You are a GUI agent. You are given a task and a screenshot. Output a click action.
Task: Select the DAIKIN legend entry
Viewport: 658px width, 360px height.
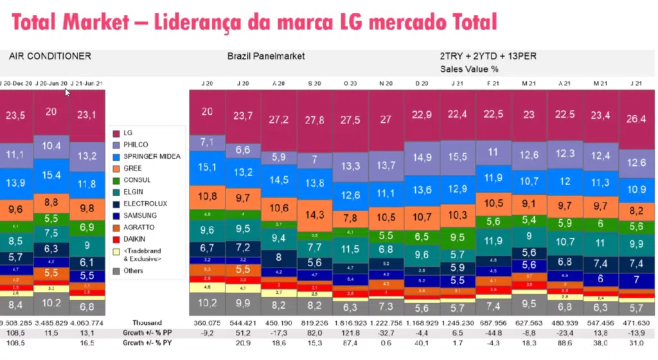coord(136,239)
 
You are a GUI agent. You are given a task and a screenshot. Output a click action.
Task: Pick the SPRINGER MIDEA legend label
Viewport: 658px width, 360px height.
coord(152,156)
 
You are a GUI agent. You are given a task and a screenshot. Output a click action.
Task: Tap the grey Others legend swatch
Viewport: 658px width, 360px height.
coord(116,271)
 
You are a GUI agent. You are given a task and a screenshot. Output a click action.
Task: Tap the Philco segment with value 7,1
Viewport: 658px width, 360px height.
coord(207,142)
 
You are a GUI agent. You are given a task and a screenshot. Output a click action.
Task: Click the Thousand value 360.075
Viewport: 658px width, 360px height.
coord(207,323)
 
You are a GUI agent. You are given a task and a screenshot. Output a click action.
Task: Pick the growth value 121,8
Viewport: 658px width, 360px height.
coord(350,333)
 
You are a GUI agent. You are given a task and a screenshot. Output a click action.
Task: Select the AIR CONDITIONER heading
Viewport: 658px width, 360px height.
coord(50,56)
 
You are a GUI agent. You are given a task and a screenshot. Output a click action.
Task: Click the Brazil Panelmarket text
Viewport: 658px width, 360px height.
coord(266,56)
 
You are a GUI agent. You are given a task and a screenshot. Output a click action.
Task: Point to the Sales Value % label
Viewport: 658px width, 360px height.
coord(469,68)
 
